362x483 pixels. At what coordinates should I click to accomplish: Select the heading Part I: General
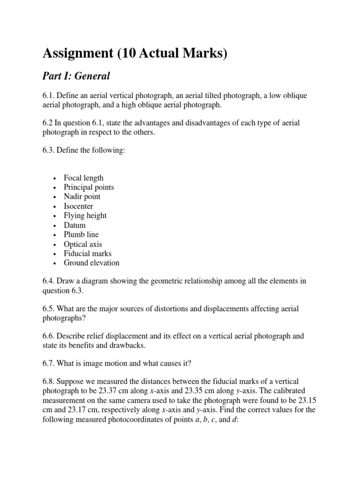point(76,76)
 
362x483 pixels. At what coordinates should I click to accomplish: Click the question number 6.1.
point(49,96)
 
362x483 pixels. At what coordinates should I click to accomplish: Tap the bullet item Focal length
point(83,178)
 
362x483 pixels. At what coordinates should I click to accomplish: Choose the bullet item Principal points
point(89,187)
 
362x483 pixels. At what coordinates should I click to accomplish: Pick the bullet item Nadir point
point(82,197)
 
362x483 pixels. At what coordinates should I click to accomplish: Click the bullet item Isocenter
point(78,206)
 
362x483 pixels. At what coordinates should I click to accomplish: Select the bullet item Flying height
point(85,216)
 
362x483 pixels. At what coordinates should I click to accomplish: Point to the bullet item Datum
point(75,225)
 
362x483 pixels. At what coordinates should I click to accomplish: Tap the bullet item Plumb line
point(82,234)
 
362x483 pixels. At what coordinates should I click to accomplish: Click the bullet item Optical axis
point(82,244)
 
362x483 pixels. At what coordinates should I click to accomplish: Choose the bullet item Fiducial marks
point(88,253)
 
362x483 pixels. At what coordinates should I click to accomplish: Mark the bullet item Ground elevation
point(91,263)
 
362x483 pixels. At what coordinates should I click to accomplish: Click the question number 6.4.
point(49,281)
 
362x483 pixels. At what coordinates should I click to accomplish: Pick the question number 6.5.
point(49,308)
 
